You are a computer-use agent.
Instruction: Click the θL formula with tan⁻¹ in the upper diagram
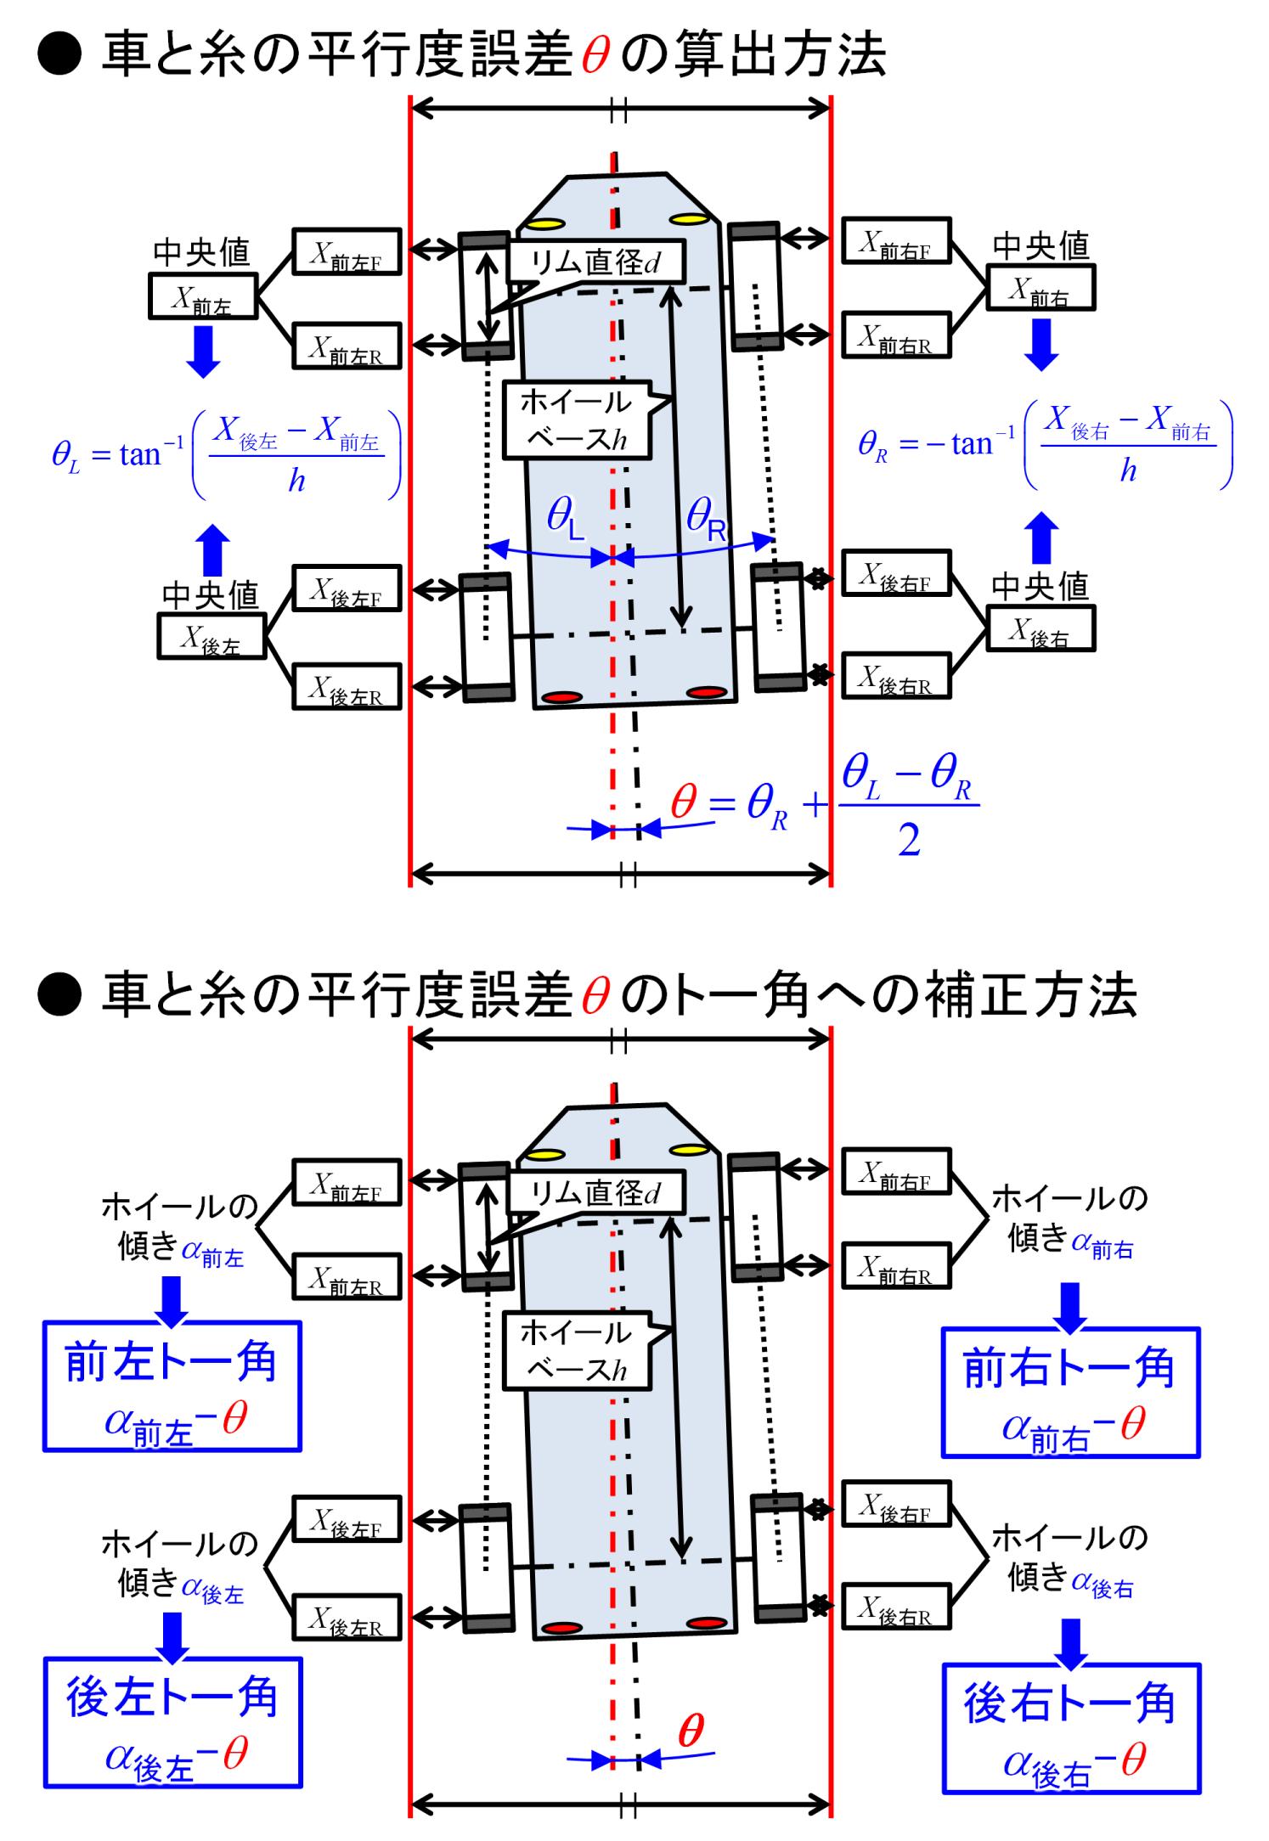(x=226, y=455)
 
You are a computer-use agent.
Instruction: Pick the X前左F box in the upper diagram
(x=346, y=251)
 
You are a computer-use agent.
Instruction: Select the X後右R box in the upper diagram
(x=895, y=677)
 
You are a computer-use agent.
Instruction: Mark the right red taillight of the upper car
(x=704, y=693)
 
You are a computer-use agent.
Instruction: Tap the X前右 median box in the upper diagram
(x=1041, y=290)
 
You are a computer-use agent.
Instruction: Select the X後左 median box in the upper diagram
(x=211, y=636)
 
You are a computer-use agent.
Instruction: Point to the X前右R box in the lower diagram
(x=895, y=1266)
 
